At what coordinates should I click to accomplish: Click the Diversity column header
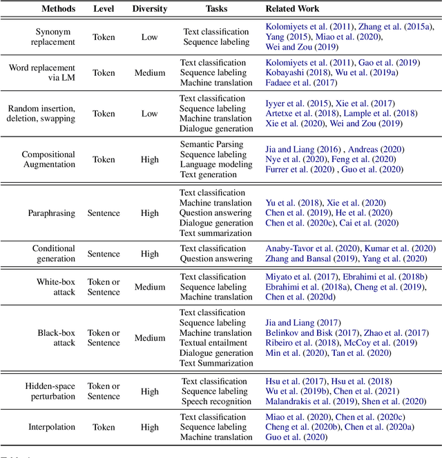pos(149,9)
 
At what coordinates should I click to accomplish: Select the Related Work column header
pos(294,9)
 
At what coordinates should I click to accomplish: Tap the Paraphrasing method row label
pos(52,213)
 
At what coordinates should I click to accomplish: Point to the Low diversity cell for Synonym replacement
pos(149,37)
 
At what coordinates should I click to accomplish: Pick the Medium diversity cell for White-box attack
pos(149,287)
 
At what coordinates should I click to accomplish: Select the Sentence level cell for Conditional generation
pos(104,254)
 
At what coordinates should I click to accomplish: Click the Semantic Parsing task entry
pos(215,145)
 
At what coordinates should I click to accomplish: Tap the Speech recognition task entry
pos(215,401)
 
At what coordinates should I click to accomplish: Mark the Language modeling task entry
pos(215,165)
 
